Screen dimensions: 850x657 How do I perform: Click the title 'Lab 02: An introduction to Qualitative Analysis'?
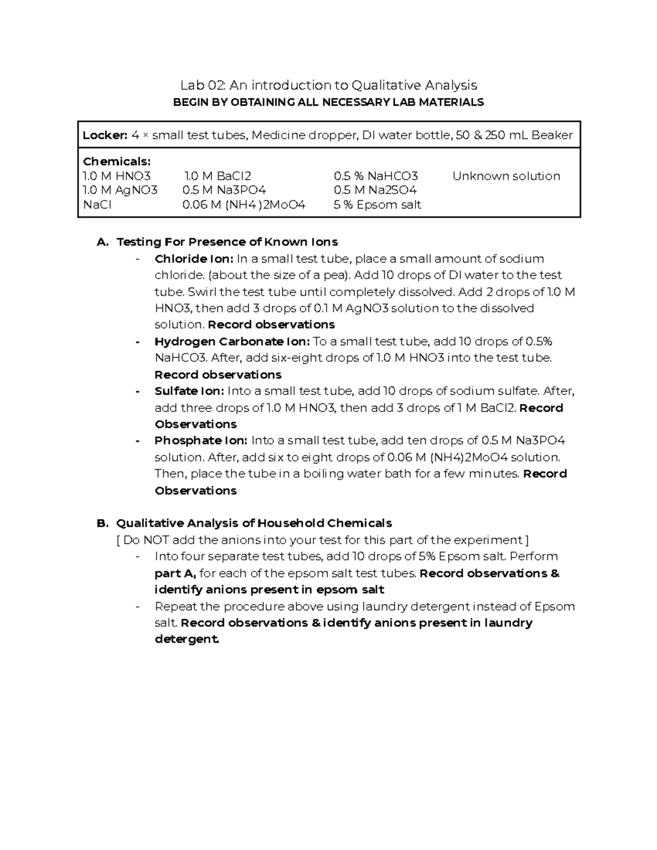click(x=328, y=85)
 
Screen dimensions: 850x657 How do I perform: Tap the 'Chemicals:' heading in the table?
click(x=116, y=162)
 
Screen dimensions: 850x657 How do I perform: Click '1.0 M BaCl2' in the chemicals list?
click(x=217, y=176)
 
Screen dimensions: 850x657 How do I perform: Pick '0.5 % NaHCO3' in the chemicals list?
click(x=376, y=176)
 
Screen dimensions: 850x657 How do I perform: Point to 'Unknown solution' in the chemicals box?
click(x=506, y=176)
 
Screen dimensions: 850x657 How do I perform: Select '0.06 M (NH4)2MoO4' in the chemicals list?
click(x=244, y=205)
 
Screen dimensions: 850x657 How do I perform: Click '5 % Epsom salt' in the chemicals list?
click(x=377, y=205)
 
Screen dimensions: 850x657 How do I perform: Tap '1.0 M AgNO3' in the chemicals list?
click(x=120, y=190)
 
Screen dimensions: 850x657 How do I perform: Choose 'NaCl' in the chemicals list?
click(x=97, y=205)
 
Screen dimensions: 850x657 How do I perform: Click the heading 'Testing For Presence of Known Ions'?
click(x=227, y=242)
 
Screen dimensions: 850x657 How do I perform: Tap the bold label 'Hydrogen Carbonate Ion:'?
click(x=232, y=342)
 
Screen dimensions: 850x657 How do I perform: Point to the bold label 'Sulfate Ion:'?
click(x=189, y=391)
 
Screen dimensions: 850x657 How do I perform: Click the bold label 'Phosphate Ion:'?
click(x=200, y=441)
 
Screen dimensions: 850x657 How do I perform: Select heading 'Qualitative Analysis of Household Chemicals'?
click(x=254, y=523)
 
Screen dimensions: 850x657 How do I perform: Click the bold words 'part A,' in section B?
click(x=175, y=574)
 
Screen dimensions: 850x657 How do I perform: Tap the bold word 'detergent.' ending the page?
click(x=187, y=639)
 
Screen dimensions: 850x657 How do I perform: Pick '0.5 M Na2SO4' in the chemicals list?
click(x=375, y=190)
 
